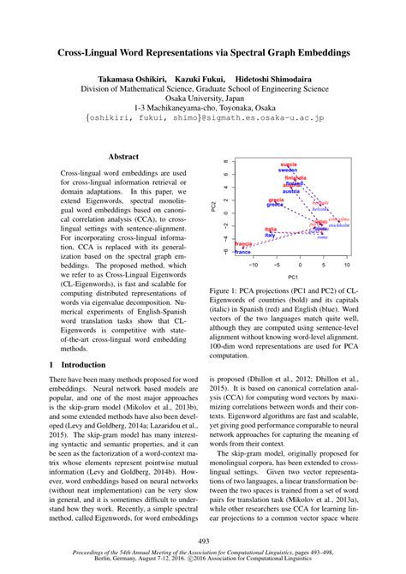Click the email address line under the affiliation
click(x=202, y=121)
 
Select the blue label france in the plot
click(x=242, y=252)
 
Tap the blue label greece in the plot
click(x=275, y=205)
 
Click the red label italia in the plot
click(x=271, y=228)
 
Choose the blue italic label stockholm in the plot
click(x=338, y=225)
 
